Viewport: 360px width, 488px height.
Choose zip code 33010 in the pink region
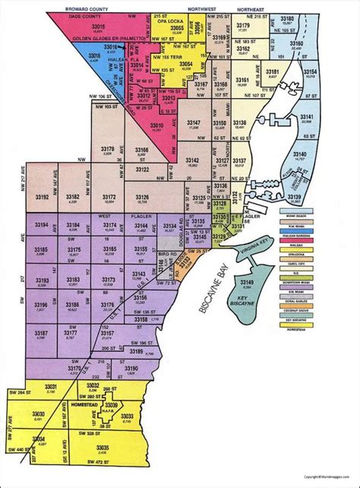[159, 124]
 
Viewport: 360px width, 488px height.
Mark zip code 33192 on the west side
[42, 196]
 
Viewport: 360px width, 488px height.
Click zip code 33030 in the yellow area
[39, 414]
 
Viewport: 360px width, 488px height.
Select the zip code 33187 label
[42, 333]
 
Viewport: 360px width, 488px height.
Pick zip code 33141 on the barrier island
[307, 115]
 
